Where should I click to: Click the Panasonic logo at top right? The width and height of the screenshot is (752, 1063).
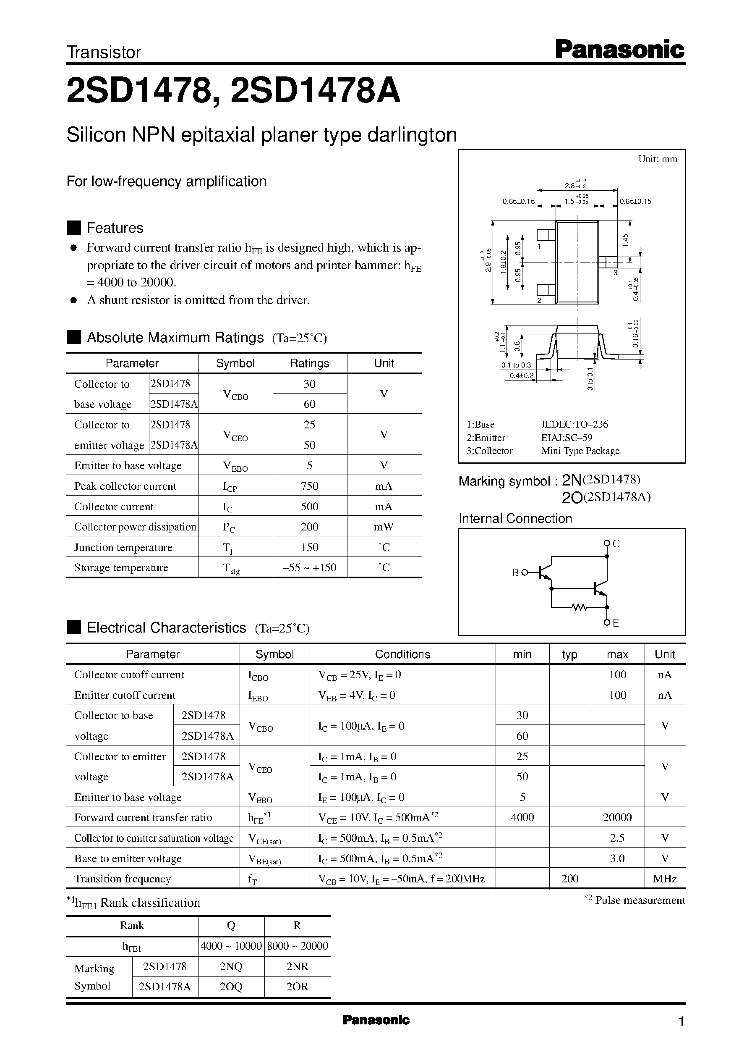point(619,50)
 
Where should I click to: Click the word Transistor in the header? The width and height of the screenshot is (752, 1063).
point(104,52)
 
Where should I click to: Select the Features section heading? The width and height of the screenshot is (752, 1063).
point(115,228)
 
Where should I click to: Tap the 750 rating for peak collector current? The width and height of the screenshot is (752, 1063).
point(309,486)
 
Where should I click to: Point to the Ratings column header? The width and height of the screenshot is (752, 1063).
point(309,363)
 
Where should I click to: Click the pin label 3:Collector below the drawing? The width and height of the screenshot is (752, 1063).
point(489,451)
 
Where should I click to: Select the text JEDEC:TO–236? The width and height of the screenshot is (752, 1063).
point(574,424)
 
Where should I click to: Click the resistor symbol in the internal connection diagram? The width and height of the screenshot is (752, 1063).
point(579,606)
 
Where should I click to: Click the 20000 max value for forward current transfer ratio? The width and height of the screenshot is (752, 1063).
point(617,817)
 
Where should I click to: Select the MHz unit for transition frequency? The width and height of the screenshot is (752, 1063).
point(664,879)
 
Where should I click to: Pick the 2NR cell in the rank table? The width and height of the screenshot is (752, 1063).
point(297,967)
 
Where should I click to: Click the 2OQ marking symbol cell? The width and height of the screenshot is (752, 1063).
point(231,987)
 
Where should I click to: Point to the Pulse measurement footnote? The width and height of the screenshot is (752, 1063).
point(635,900)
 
